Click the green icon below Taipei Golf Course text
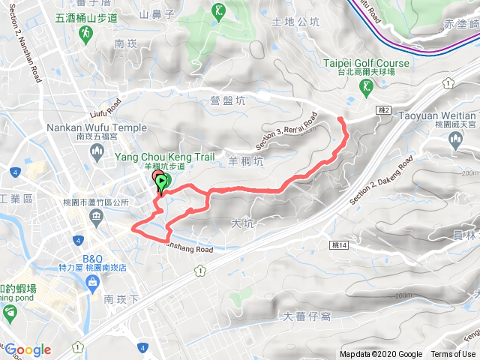point(366,88)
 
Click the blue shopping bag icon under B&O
point(92,283)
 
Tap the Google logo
point(28,349)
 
